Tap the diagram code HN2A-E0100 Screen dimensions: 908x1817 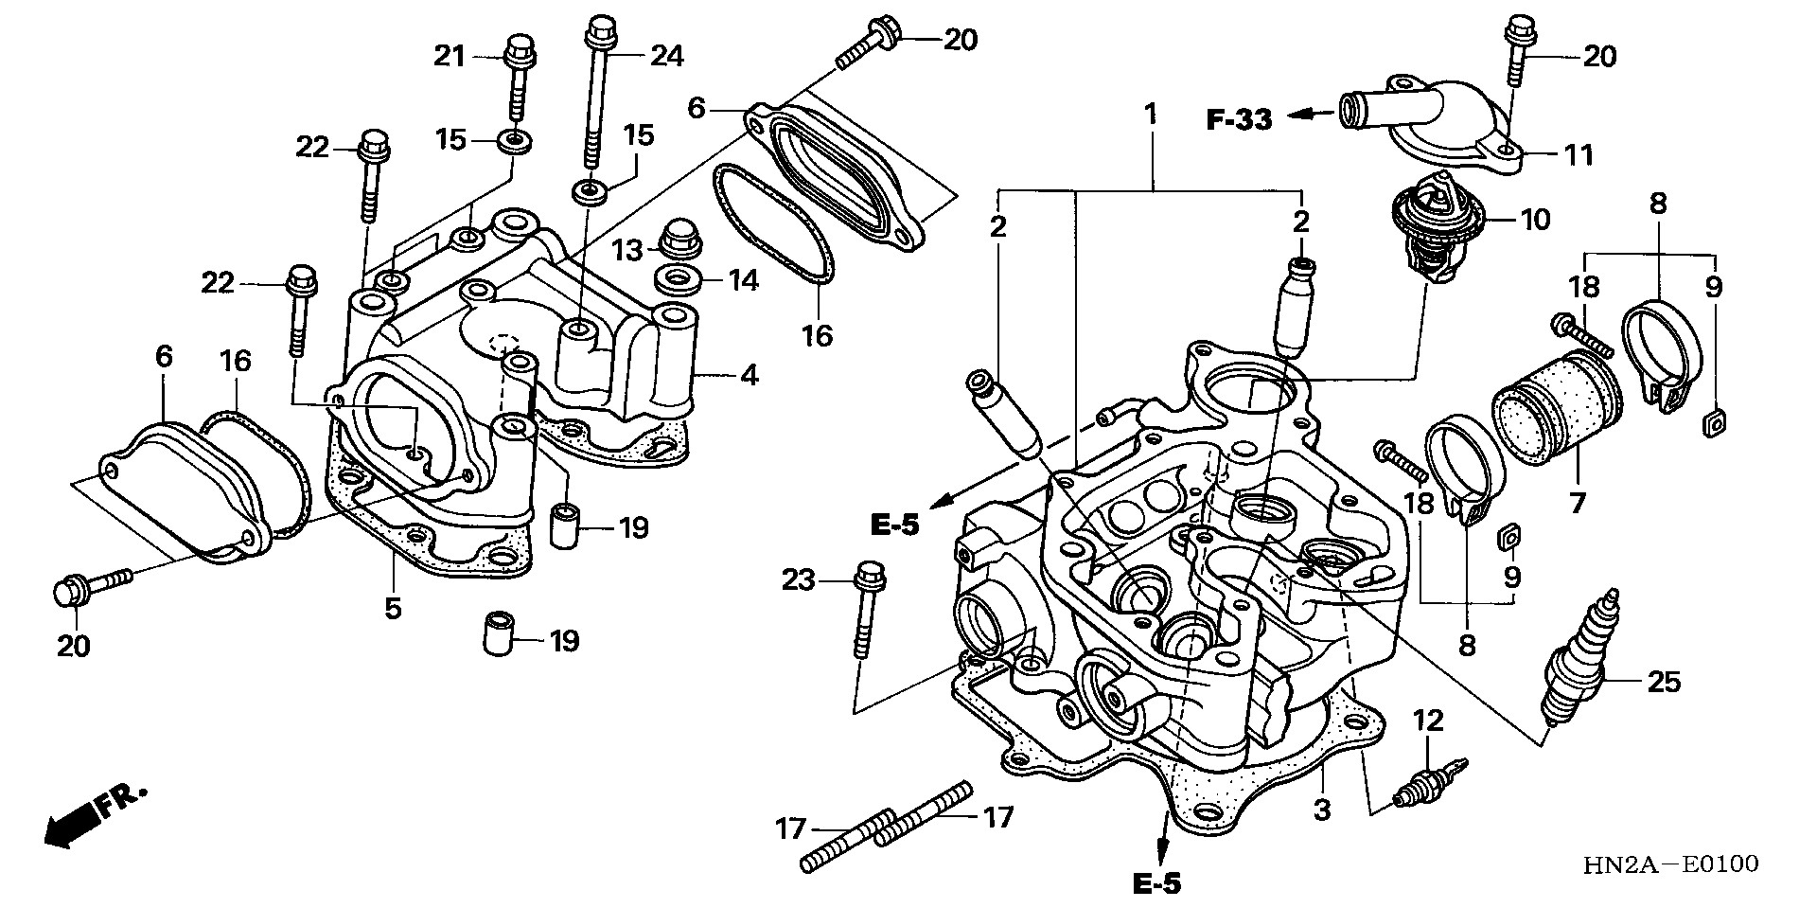1671,863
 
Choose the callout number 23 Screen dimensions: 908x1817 797,579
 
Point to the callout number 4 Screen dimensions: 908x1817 749,376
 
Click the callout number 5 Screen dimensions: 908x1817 393,607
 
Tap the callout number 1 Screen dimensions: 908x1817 1151,116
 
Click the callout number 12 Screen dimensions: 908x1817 1428,721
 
